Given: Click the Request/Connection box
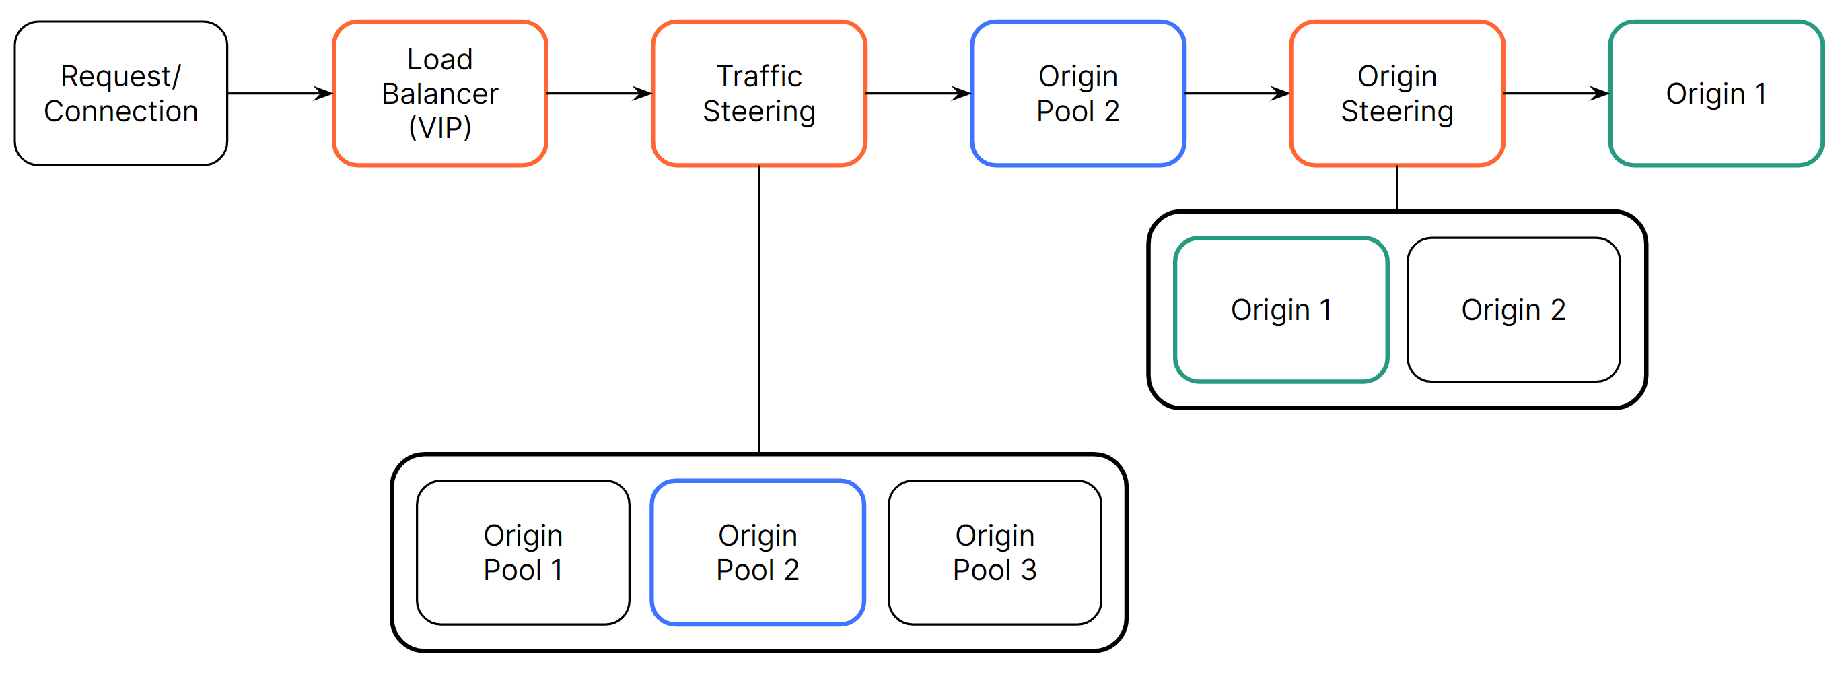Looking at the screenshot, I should pyautogui.click(x=121, y=93).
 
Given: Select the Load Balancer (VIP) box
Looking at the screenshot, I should pyautogui.click(x=439, y=93).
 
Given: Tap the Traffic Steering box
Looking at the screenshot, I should pyautogui.click(x=758, y=93).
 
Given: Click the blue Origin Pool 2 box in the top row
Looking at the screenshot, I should pyautogui.click(x=1077, y=93).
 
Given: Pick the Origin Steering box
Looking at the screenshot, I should pyautogui.click(x=1396, y=93).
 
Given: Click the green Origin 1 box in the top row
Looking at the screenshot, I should pyautogui.click(x=1715, y=93).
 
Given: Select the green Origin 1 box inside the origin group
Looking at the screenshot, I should pyautogui.click(x=1281, y=310).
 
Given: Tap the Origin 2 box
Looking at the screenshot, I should pyautogui.click(x=1513, y=310).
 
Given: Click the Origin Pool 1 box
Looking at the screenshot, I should pyautogui.click(x=523, y=552).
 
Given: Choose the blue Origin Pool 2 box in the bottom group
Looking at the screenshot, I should pyautogui.click(x=757, y=552).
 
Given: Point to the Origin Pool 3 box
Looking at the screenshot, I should pyautogui.click(x=994, y=552).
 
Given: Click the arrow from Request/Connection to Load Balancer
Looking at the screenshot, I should pyautogui.click(x=279, y=93).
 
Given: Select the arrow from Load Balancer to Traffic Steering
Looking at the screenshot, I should pyautogui.click(x=598, y=93).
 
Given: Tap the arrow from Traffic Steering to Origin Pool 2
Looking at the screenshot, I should pyautogui.click(x=917, y=93).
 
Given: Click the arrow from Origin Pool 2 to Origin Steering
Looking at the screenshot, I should pyautogui.click(x=1236, y=93).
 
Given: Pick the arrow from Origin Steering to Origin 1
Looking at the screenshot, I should pyautogui.click(x=1555, y=93).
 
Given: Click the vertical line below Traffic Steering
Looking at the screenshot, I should pyautogui.click(x=758, y=308).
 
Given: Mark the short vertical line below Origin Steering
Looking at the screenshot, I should pyautogui.click(x=1396, y=188).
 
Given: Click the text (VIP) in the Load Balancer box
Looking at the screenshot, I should pyautogui.click(x=439, y=127).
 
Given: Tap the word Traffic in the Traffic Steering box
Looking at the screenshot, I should pyautogui.click(x=758, y=76).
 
